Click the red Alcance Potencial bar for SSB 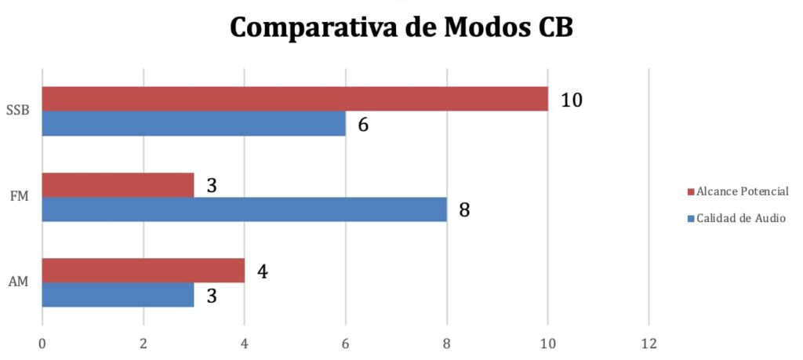pyautogui.click(x=294, y=99)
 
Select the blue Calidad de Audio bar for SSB pyautogui.click(x=194, y=123)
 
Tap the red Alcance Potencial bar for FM pyautogui.click(x=118, y=185)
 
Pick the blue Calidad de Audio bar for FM pyautogui.click(x=244, y=209)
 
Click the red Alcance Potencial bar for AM pyautogui.click(x=143, y=271)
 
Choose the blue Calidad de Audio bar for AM pyautogui.click(x=118, y=295)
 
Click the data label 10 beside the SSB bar pyautogui.click(x=571, y=100)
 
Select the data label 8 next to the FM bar pyautogui.click(x=464, y=210)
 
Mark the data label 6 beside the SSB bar pyautogui.click(x=363, y=125)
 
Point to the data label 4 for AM pyautogui.click(x=262, y=272)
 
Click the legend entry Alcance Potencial pyautogui.click(x=741, y=191)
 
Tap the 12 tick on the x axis pyautogui.click(x=649, y=343)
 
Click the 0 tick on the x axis pyautogui.click(x=42, y=343)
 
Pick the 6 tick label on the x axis pyautogui.click(x=345, y=343)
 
